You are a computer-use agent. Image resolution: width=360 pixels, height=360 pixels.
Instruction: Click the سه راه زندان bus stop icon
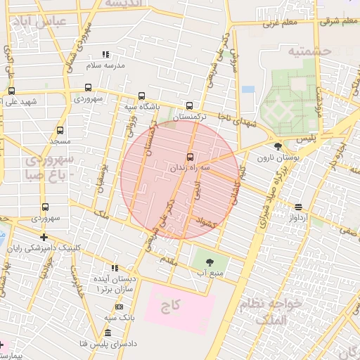point(190,156)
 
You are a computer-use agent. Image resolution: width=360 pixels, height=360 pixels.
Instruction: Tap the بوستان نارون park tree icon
point(278,147)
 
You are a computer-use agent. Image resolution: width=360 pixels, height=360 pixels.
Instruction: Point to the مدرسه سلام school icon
point(106,54)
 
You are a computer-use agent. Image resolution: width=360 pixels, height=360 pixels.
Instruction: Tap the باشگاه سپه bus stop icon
point(142,96)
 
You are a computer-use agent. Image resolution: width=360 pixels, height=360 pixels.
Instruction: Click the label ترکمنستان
point(190,116)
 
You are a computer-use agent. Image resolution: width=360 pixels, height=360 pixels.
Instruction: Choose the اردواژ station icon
point(299,207)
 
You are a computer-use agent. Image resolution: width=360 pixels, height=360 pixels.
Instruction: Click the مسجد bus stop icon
point(60,131)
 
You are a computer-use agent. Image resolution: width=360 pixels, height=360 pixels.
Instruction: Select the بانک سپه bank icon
point(118,307)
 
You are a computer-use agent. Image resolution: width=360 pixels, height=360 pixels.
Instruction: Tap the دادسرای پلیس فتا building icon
point(108,333)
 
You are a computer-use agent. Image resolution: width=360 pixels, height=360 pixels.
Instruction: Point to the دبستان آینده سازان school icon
point(115,268)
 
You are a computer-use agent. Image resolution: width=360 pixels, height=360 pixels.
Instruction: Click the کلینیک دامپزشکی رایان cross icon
point(44,238)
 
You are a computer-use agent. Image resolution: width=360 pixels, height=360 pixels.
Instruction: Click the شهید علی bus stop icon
point(11,91)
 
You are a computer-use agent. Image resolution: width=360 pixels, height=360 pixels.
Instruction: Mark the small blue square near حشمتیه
point(247,89)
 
